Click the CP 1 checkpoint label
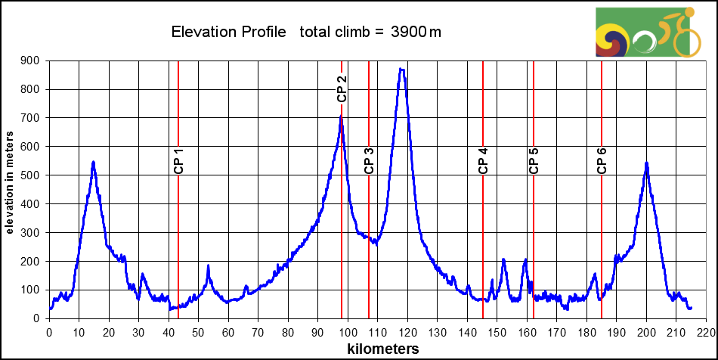178,161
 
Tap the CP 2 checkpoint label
342,88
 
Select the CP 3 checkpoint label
369,161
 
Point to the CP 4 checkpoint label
483,161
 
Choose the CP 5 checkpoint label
534,161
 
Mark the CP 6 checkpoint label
602,161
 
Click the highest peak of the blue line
401,69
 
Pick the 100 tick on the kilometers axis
348,331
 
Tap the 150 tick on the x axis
497,331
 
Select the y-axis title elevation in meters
10,182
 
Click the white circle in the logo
644,42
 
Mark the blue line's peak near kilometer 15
94,162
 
